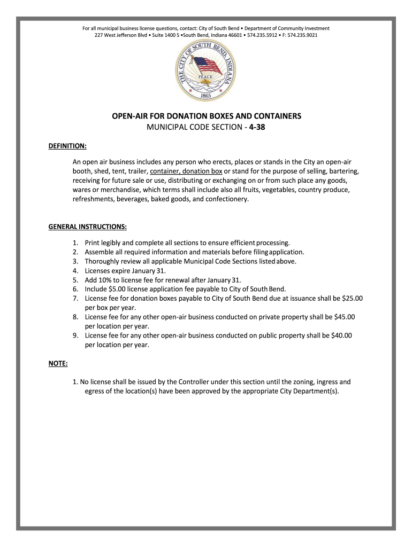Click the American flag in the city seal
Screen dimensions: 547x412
pos(205,66)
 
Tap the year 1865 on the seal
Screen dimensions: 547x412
pos(206,96)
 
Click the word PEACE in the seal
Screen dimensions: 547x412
pos(206,77)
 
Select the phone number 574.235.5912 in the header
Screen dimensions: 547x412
pos(263,35)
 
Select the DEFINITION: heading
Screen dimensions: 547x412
pos(67,146)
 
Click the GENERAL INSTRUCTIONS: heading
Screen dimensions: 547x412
pos(87,226)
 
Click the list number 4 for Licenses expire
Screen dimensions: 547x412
pos(75,270)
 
